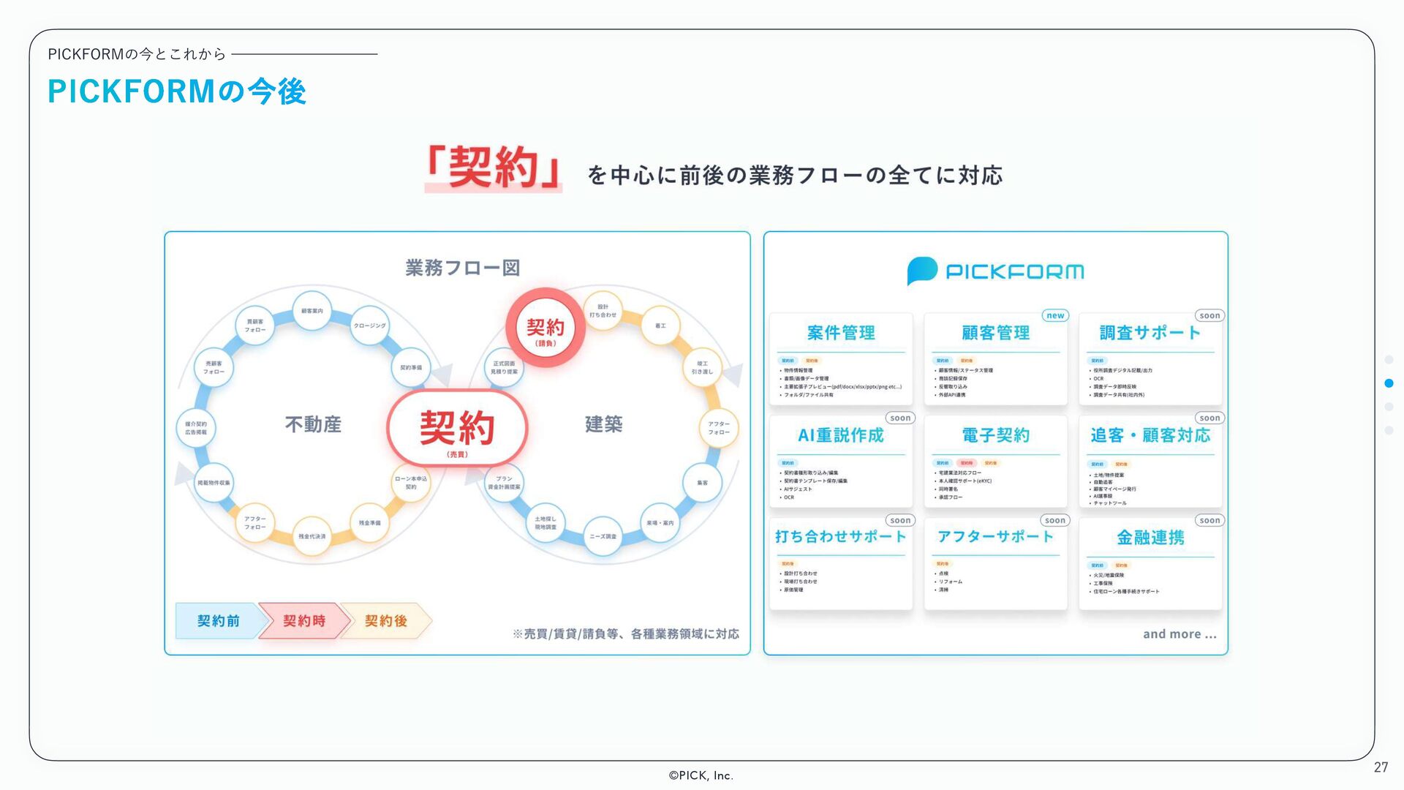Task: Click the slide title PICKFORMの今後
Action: pyautogui.click(x=176, y=92)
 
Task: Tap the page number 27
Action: pyautogui.click(x=1381, y=767)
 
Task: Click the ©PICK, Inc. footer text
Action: pyautogui.click(x=701, y=775)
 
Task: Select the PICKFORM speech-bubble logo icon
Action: pyautogui.click(x=922, y=271)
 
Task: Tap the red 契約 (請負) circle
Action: pyautogui.click(x=546, y=328)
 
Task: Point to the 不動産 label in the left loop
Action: pyautogui.click(x=313, y=424)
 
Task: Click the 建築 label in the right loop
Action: pyautogui.click(x=603, y=424)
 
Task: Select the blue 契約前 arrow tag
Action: pyautogui.click(x=218, y=621)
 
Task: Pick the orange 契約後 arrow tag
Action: pyautogui.click(x=386, y=621)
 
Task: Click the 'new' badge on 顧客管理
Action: pyautogui.click(x=1055, y=315)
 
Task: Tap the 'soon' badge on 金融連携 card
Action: pyautogui.click(x=1209, y=521)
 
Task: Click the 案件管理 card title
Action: pyautogui.click(x=841, y=333)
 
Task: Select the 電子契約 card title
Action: pyautogui.click(x=995, y=435)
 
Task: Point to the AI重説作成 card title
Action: pyautogui.click(x=841, y=435)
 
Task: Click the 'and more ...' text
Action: pyautogui.click(x=1180, y=634)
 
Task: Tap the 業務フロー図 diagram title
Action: pyautogui.click(x=462, y=268)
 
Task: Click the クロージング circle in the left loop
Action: pyautogui.click(x=369, y=326)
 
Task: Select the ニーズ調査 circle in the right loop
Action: pyautogui.click(x=603, y=536)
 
